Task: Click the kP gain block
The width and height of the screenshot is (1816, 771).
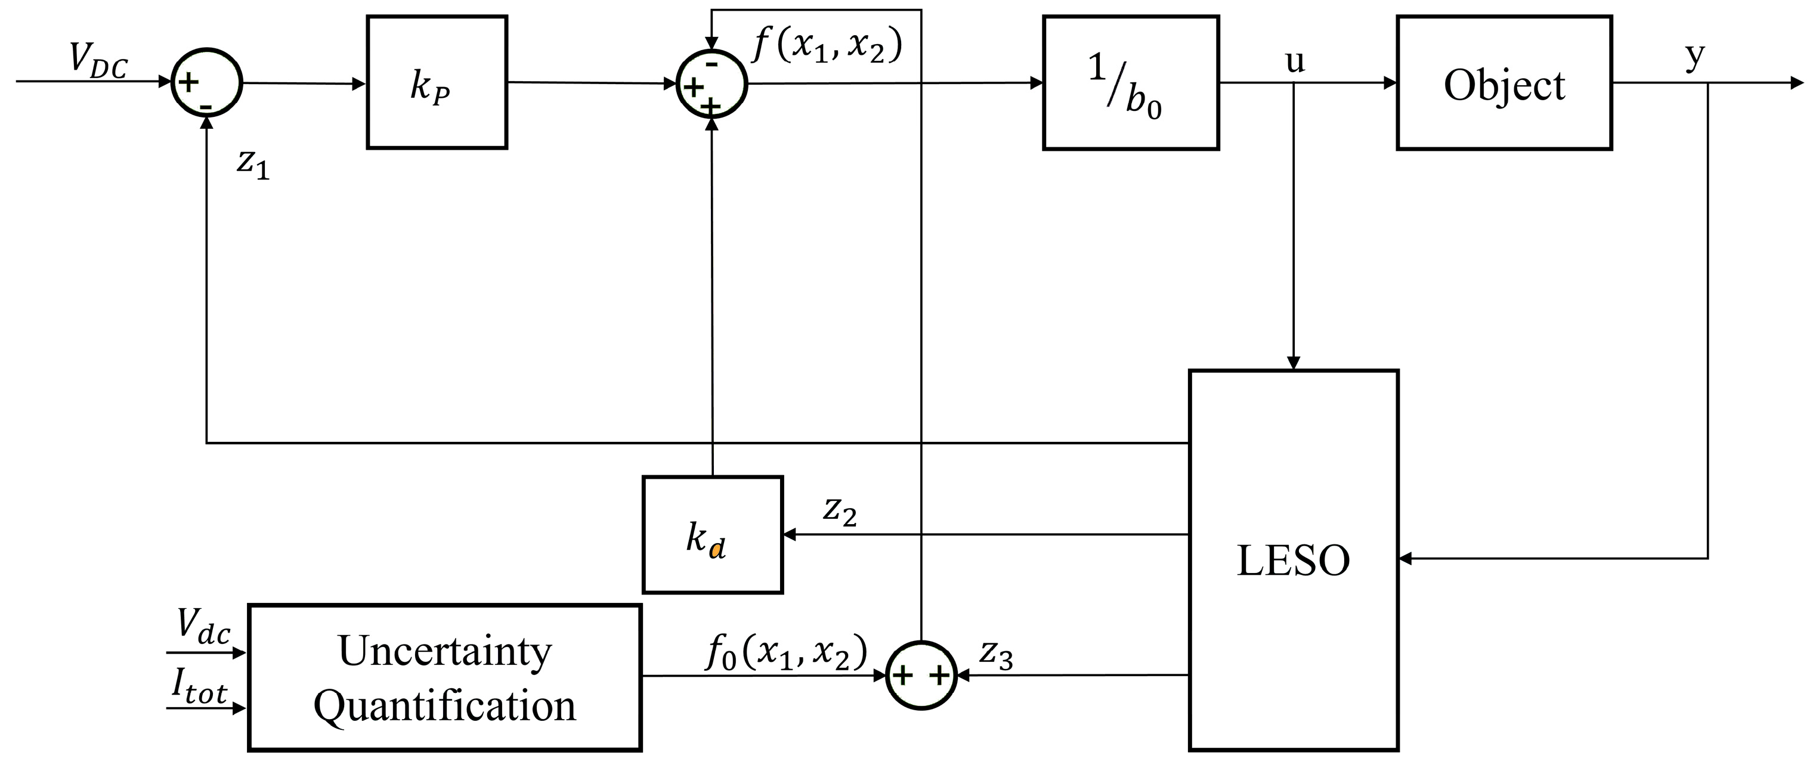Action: (x=437, y=82)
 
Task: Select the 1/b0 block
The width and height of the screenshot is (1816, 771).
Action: (x=1130, y=82)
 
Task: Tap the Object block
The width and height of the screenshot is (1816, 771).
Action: (x=1503, y=82)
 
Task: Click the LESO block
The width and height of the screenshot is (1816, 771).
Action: (x=1293, y=561)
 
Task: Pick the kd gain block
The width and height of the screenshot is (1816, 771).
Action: (x=712, y=535)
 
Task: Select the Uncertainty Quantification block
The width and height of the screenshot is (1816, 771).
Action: (x=444, y=677)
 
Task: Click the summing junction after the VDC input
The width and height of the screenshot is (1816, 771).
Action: (x=206, y=83)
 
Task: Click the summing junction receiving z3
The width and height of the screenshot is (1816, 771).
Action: (x=921, y=675)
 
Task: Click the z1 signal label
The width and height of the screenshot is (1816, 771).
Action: (x=253, y=163)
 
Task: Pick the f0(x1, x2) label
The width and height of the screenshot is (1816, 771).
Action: (x=786, y=652)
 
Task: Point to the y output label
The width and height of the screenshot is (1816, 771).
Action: (x=1695, y=55)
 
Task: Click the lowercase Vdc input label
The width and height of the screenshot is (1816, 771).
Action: (x=203, y=627)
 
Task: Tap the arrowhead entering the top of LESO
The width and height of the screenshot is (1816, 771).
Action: (x=1294, y=363)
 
